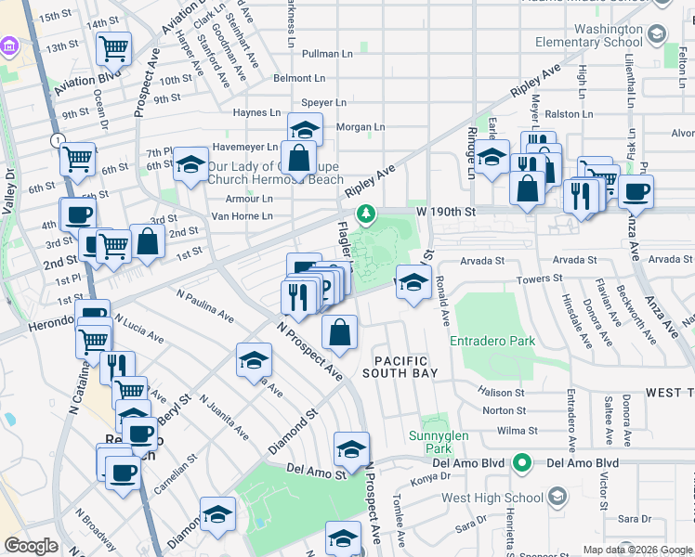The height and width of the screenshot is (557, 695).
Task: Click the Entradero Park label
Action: point(492,341)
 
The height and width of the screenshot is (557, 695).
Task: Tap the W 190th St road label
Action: point(445,212)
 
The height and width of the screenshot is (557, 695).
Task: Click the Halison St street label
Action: point(503,393)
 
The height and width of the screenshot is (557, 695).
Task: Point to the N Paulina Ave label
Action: point(205,304)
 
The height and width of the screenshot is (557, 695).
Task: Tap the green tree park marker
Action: point(367,214)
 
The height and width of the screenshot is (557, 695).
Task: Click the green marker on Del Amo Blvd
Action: point(523,461)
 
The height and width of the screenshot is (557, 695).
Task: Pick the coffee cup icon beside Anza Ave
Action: point(636,192)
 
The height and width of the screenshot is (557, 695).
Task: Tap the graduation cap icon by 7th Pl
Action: point(190,166)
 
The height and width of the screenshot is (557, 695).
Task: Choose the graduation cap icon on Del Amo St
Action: point(351,450)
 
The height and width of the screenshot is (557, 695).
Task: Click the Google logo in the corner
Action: point(31,547)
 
